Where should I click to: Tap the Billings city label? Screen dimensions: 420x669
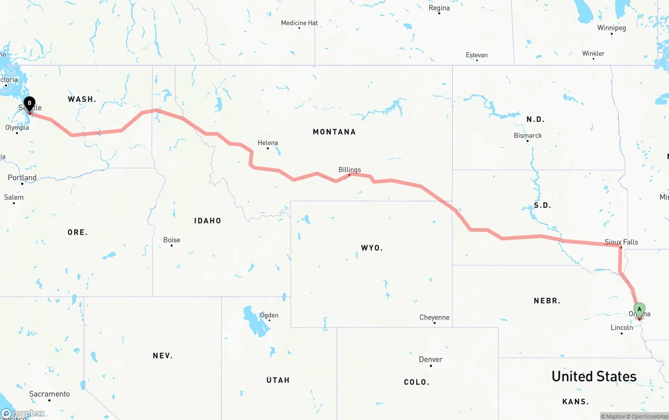point(350,169)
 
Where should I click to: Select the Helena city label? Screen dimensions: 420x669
point(268,143)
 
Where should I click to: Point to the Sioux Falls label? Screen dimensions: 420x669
point(621,242)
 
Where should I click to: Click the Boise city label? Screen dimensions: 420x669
point(171,240)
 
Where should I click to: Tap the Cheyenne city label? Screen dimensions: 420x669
point(434,317)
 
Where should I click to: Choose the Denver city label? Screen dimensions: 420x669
point(431,360)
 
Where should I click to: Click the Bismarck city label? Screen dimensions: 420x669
point(527,135)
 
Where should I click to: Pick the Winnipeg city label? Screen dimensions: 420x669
point(611,28)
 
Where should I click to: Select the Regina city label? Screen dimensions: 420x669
point(439,8)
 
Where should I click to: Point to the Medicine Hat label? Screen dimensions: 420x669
point(299,23)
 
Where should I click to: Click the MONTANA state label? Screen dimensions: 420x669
point(334,132)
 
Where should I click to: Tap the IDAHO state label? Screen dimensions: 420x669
point(207,221)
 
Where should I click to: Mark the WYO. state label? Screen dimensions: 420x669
point(372,248)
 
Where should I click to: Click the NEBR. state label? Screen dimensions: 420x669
point(547,301)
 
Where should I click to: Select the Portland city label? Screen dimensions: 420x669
point(22,178)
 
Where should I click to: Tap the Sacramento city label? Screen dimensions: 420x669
point(49,394)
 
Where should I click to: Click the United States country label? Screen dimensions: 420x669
point(594,377)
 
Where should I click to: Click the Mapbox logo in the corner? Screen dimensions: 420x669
point(23,414)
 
